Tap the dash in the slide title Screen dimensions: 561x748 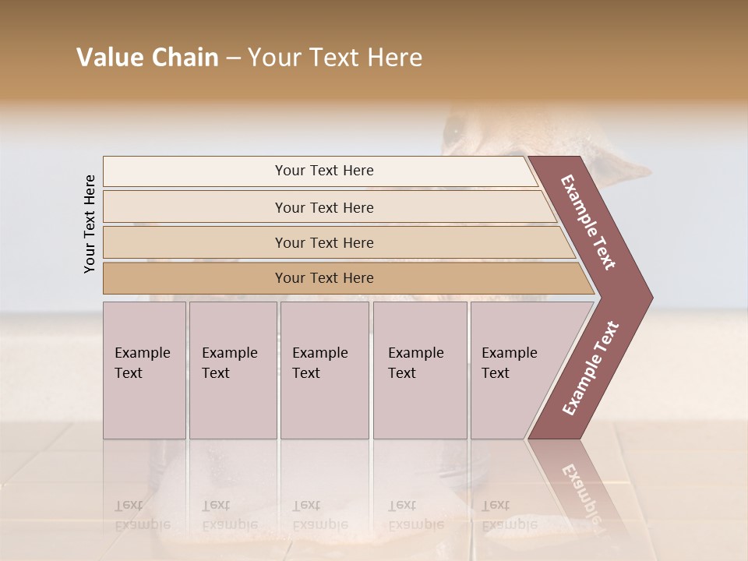[x=233, y=58]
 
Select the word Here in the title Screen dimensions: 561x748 [x=395, y=58]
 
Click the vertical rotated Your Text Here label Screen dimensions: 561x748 [x=90, y=224]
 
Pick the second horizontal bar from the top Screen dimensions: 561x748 [x=323, y=207]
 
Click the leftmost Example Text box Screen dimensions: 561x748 [x=144, y=370]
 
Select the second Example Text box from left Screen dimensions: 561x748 [x=232, y=370]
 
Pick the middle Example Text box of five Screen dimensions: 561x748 [x=324, y=370]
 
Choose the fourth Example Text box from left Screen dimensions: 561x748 [x=419, y=370]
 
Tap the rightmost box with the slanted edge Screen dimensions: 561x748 [x=514, y=370]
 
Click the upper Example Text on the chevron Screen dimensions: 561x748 [x=588, y=223]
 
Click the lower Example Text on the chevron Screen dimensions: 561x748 [x=591, y=368]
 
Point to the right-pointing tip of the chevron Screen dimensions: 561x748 [x=649, y=298]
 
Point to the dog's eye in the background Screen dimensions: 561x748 [x=453, y=132]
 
